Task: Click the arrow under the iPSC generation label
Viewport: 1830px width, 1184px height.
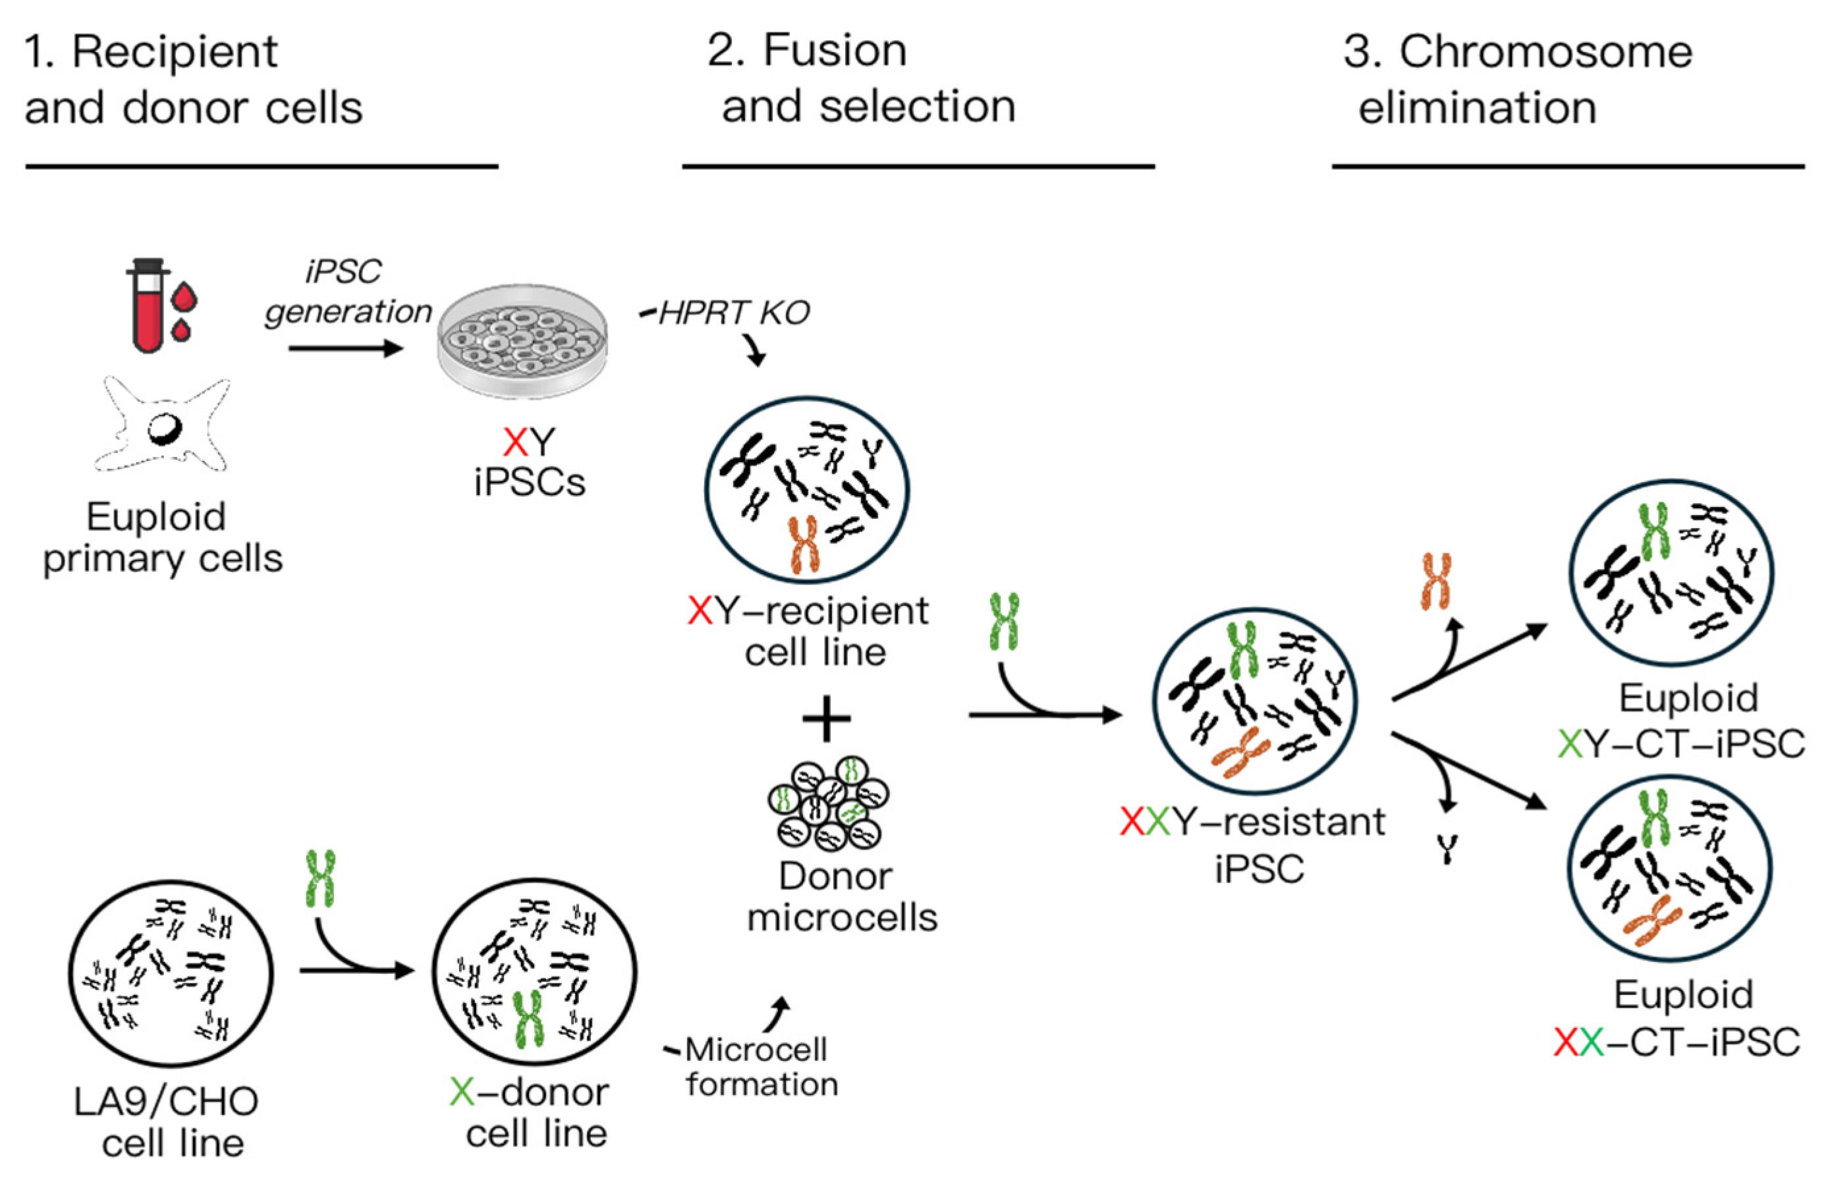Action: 345,348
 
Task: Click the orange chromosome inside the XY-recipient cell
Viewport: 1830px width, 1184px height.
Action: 804,545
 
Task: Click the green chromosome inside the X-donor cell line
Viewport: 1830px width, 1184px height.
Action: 528,1019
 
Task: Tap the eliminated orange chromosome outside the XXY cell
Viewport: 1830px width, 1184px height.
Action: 1435,581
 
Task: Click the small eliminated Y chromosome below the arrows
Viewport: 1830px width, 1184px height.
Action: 1447,849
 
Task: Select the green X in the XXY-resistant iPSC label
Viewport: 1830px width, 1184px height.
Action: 1157,822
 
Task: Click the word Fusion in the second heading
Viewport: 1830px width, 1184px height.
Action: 834,51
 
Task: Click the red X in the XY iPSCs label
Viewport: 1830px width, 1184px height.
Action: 514,443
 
